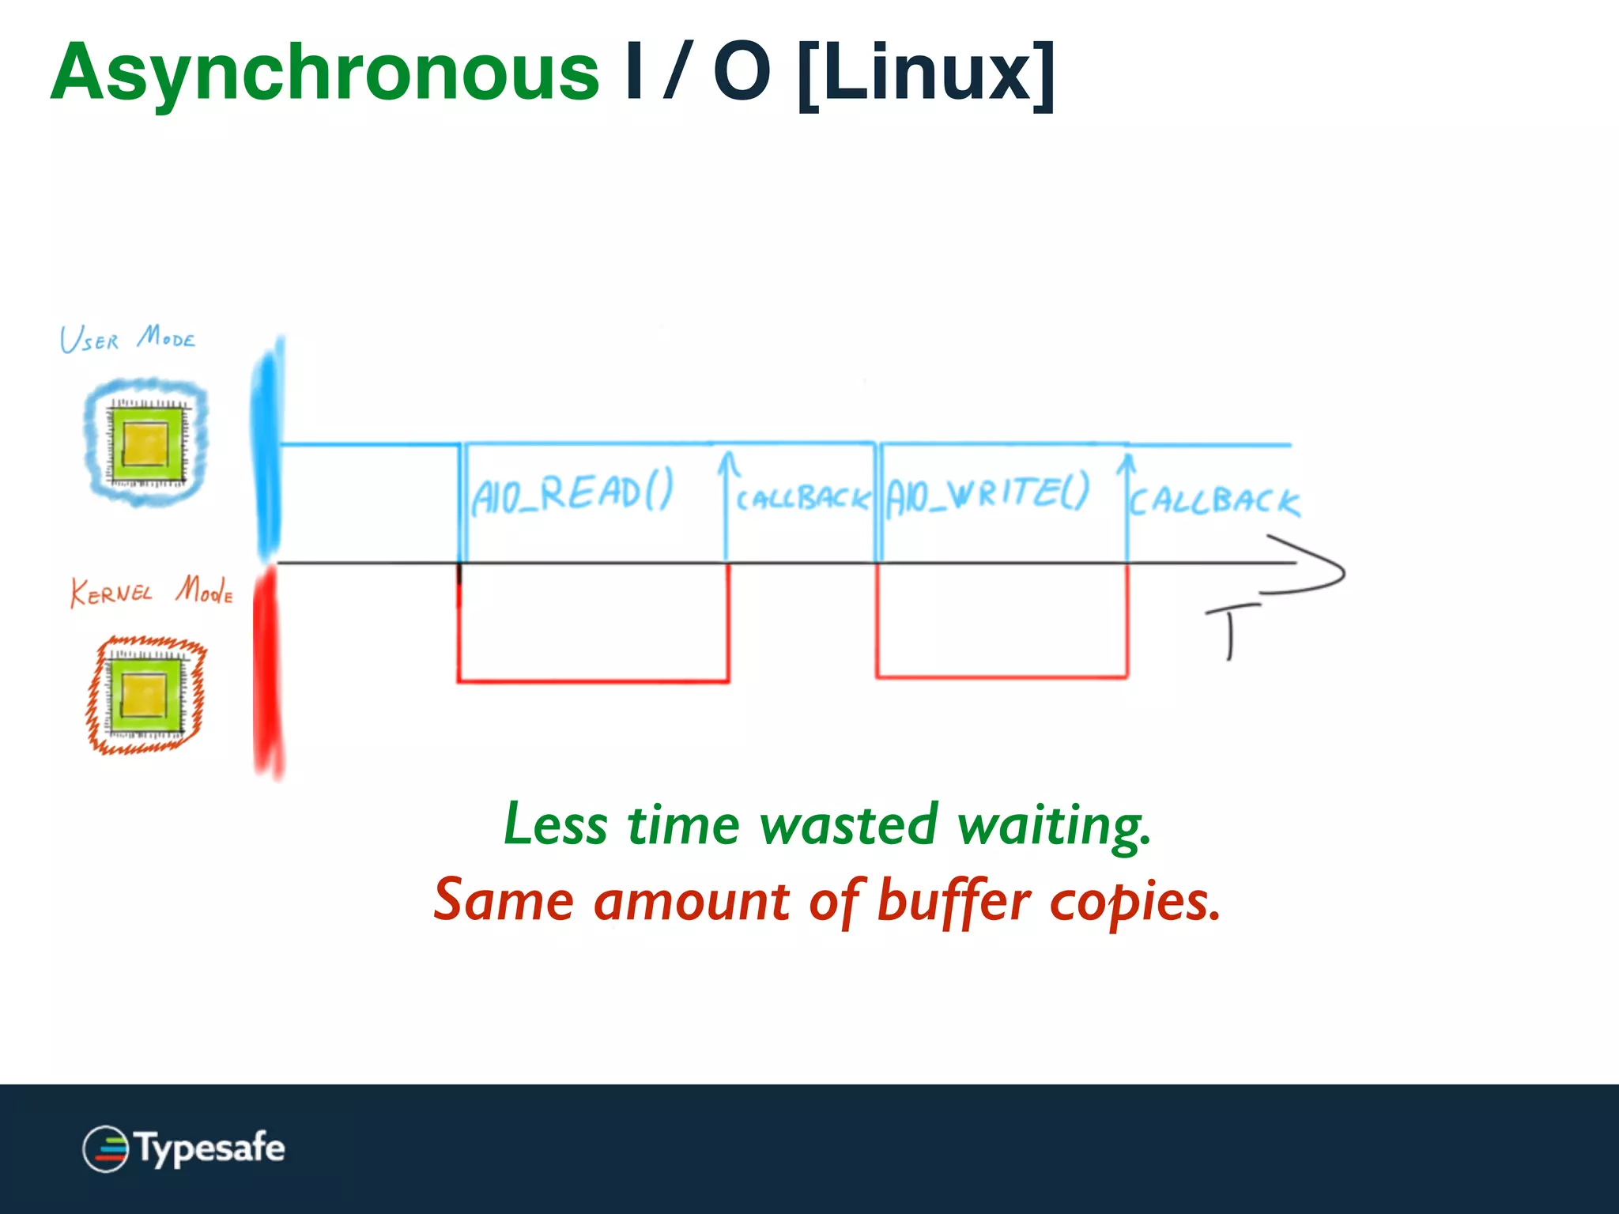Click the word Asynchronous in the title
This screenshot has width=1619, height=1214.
click(324, 74)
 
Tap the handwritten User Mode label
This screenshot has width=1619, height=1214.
click(127, 339)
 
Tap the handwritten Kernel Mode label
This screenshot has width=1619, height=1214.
click(151, 591)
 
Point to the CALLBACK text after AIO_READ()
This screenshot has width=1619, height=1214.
click(802, 499)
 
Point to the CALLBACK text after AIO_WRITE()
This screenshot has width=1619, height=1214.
click(1213, 501)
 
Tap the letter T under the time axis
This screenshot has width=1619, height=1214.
click(1230, 629)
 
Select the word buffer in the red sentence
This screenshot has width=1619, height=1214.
click(953, 902)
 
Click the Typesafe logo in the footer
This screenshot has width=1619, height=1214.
click(183, 1148)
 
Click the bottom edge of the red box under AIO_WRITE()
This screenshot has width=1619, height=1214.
click(1002, 677)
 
